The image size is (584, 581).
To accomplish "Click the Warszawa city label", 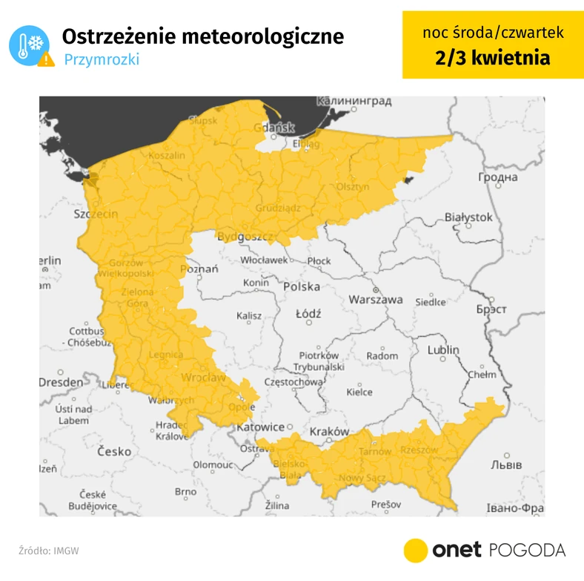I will click(x=376, y=300).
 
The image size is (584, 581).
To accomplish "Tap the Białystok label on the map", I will click(x=468, y=217).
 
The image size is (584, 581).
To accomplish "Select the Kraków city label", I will click(x=330, y=431).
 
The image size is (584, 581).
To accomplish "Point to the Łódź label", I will click(x=308, y=314).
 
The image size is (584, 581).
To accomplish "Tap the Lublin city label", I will click(x=444, y=349).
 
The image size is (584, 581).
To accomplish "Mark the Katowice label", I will click(x=260, y=427).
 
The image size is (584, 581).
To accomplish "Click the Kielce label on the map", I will click(x=359, y=392).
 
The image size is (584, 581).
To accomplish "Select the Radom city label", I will click(x=382, y=356).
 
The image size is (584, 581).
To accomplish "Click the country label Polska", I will click(x=302, y=286).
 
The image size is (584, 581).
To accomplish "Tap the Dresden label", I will click(x=61, y=382).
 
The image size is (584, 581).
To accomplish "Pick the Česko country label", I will click(x=113, y=451).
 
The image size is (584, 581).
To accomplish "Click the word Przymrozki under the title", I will click(x=101, y=60).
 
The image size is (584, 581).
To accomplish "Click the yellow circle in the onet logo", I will click(x=416, y=550).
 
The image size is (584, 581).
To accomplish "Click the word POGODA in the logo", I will click(x=527, y=550).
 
